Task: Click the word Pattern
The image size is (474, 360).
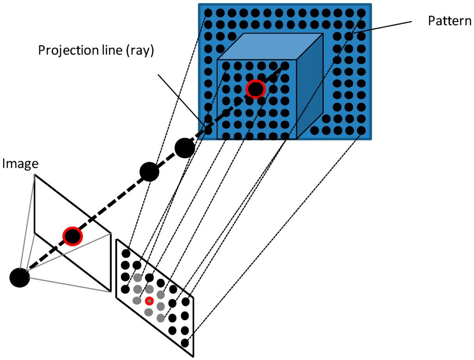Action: (449, 21)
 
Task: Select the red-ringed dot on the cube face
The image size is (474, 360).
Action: (255, 89)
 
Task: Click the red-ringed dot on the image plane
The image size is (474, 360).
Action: (73, 237)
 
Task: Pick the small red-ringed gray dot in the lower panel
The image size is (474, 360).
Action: (149, 301)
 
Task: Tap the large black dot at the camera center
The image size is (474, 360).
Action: (19, 278)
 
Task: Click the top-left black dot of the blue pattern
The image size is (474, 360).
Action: (208, 13)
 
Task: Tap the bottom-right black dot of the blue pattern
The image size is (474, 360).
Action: (361, 131)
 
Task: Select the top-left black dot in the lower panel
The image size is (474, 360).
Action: (125, 253)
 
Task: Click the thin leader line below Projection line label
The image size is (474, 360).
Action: (181, 97)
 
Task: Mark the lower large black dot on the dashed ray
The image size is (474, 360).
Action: (149, 172)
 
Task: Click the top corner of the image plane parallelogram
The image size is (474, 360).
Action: (35, 175)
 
